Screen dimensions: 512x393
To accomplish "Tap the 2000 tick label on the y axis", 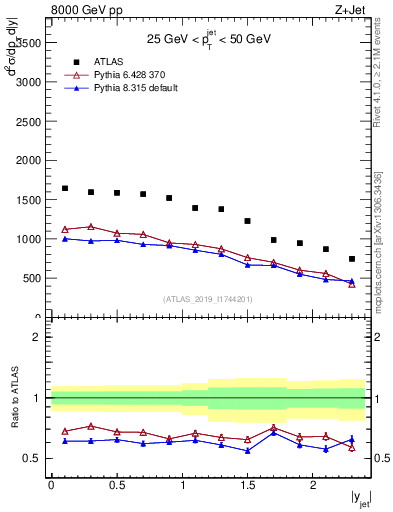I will (x=26, y=161).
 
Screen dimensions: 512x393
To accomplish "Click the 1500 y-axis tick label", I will (x=26, y=200).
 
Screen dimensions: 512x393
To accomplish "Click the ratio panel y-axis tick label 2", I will (x=38, y=338).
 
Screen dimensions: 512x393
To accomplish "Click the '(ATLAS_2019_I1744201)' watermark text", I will (x=206, y=299).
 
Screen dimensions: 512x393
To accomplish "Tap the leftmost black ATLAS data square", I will (x=65, y=188).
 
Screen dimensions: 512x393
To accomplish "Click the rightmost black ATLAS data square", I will (x=352, y=259).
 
